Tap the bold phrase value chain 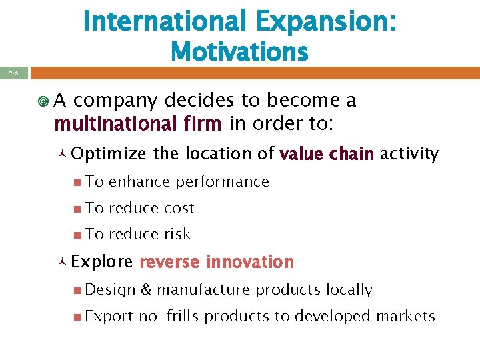(327, 155)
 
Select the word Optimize (109, 154)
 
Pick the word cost (179, 208)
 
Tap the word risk (177, 234)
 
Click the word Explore (102, 262)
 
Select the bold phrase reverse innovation (217, 262)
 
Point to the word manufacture (203, 290)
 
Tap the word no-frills (169, 316)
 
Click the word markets (407, 316)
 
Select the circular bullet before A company (43, 101)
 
